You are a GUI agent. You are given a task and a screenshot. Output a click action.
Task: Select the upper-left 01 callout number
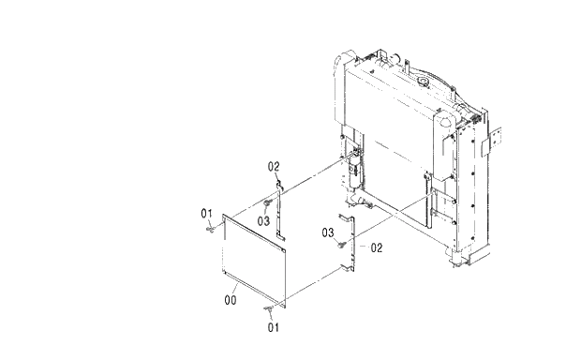pyautogui.click(x=208, y=215)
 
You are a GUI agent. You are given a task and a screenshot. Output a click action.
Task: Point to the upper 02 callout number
pyautogui.click(x=275, y=167)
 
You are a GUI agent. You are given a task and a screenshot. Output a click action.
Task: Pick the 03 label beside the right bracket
pyautogui.click(x=329, y=232)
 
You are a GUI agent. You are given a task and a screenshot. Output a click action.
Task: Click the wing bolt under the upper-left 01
pyautogui.click(x=213, y=228)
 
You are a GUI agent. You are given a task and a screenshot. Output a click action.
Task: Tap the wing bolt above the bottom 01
pyautogui.click(x=270, y=307)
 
